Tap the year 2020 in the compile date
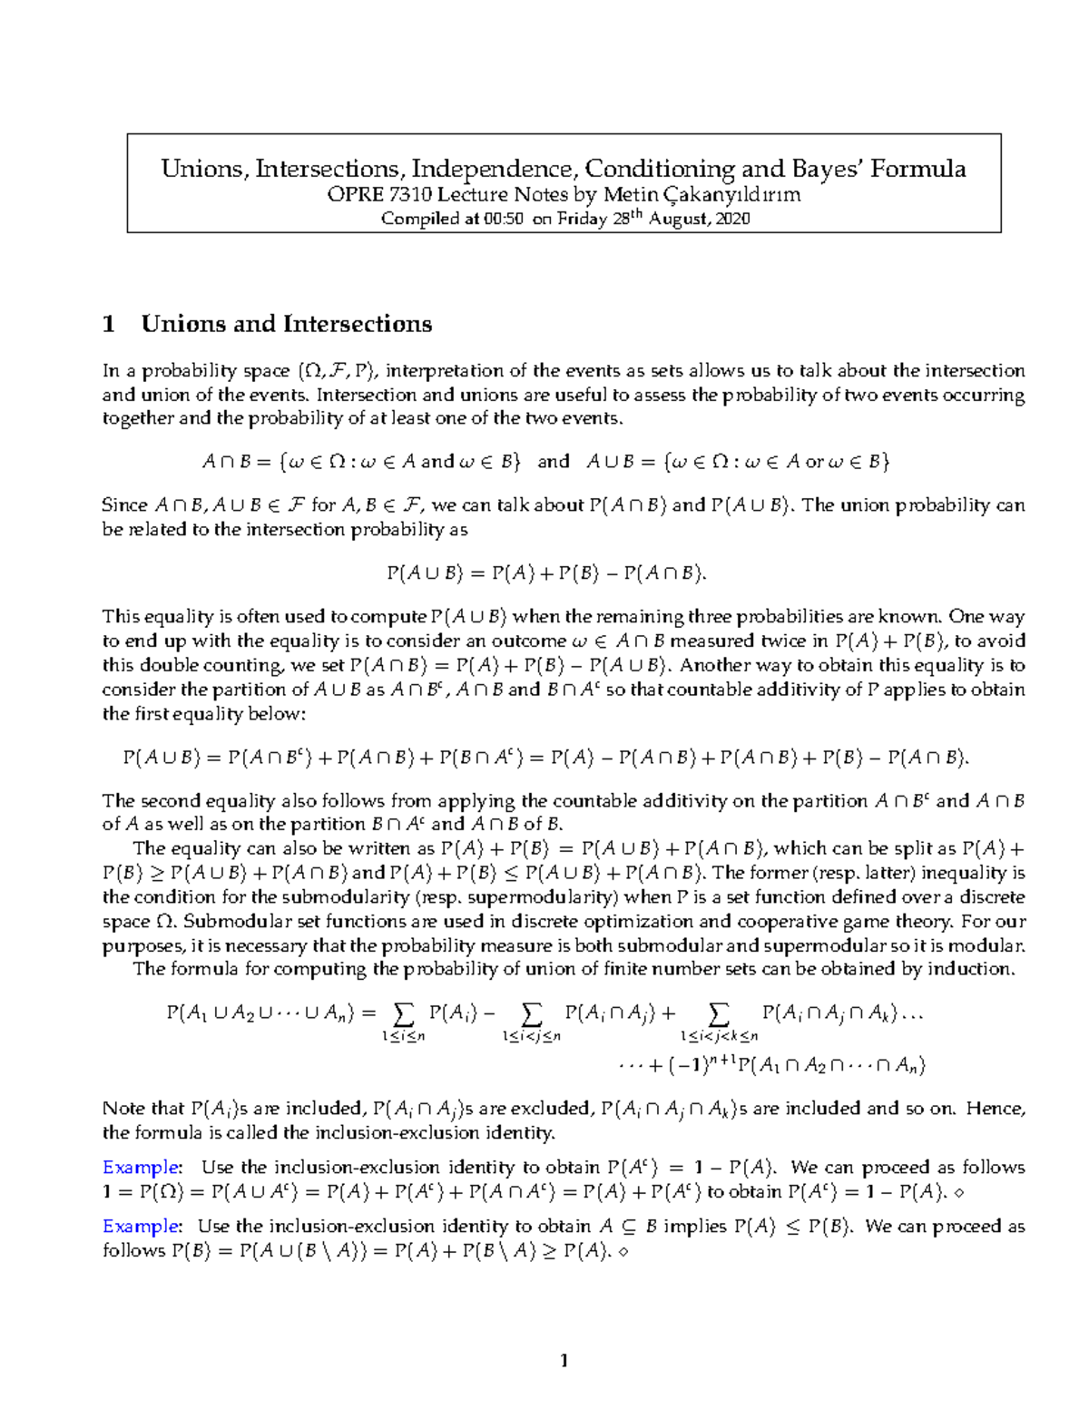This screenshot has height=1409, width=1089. point(732,219)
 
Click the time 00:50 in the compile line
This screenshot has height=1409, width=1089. point(503,219)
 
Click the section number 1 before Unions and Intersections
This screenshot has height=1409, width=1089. point(110,324)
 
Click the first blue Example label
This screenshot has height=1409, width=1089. point(142,1167)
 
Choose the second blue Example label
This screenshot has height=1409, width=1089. point(142,1226)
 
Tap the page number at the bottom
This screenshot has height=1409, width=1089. point(564,1360)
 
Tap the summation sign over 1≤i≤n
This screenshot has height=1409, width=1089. point(404,1013)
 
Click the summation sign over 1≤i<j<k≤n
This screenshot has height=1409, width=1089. point(718,1013)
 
